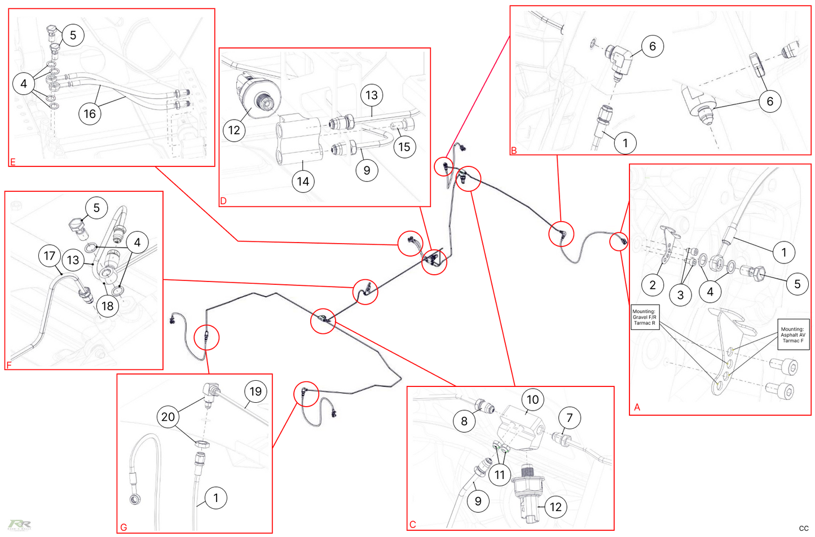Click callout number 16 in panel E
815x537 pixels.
pyautogui.click(x=90, y=113)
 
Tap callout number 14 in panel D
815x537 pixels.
pyautogui.click(x=303, y=181)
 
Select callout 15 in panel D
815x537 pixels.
pyautogui.click(x=404, y=147)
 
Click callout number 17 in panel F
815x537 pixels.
pyautogui.click(x=50, y=256)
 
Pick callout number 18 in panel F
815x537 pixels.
pyautogui.click(x=107, y=306)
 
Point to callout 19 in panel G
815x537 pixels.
pyautogui.click(x=255, y=391)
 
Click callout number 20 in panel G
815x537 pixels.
pyautogui.click(x=168, y=416)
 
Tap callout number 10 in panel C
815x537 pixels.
pyautogui.click(x=532, y=399)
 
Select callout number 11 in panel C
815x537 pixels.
pyautogui.click(x=500, y=475)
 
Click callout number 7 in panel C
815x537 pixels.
pyautogui.click(x=569, y=417)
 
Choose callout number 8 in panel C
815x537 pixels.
pyautogui.click(x=464, y=421)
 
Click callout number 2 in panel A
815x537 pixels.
pyautogui.click(x=653, y=284)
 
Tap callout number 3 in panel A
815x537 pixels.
pyautogui.click(x=680, y=294)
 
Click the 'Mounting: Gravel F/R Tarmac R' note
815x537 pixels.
pyautogui.click(x=644, y=318)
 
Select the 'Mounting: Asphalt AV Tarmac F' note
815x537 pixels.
pyautogui.click(x=792, y=335)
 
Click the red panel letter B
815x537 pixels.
pyautogui.click(x=514, y=150)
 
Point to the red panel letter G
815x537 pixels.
pyautogui.click(x=124, y=527)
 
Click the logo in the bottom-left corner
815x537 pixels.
pyautogui.click(x=19, y=525)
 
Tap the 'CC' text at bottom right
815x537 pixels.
pyautogui.click(x=804, y=529)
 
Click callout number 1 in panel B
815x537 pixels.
pyautogui.click(x=625, y=143)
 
